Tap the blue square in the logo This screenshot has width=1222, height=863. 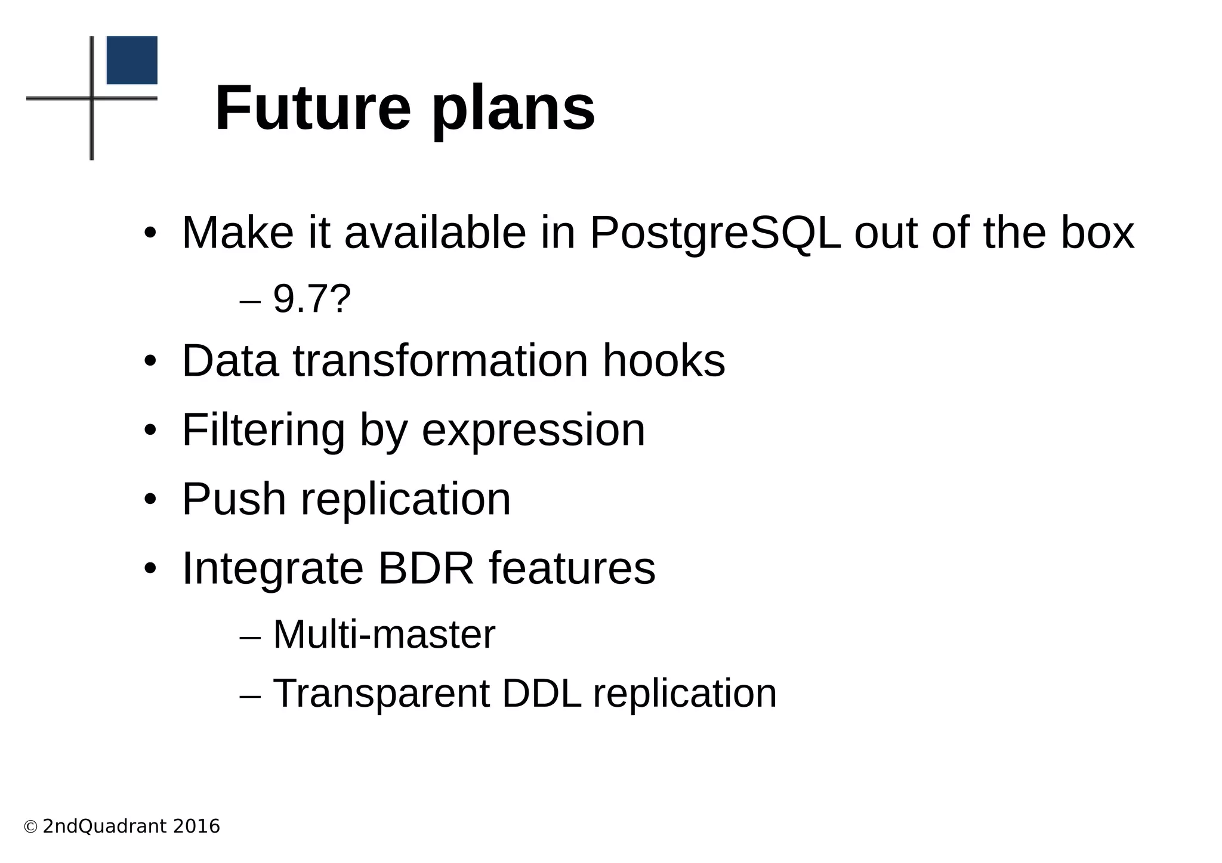[x=132, y=60]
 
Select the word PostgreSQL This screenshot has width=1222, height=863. [x=715, y=233]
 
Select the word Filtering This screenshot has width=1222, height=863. [x=263, y=430]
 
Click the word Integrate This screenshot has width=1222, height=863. [x=272, y=569]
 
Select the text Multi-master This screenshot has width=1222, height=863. [x=384, y=634]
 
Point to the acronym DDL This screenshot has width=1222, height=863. [x=541, y=693]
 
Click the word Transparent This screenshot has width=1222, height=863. [x=381, y=694]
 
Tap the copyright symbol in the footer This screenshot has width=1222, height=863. [x=30, y=827]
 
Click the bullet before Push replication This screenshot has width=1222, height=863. [x=150, y=499]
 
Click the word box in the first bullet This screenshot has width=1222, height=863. [x=1097, y=233]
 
